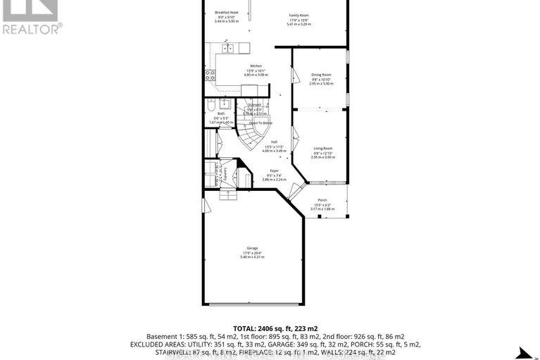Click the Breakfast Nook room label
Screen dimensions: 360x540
[x=227, y=13]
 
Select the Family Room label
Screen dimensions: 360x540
[x=299, y=15]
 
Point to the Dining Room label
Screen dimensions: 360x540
[x=321, y=75]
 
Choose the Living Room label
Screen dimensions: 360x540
[x=322, y=148]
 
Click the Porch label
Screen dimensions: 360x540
[x=322, y=200]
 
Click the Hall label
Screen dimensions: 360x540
[x=274, y=142]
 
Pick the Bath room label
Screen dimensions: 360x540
[x=221, y=113]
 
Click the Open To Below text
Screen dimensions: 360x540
[x=260, y=123]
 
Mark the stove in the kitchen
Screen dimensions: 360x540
[x=210, y=75]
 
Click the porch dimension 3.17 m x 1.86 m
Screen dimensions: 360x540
[x=322, y=209]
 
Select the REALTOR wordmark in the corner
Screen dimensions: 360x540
[x=32, y=29]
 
